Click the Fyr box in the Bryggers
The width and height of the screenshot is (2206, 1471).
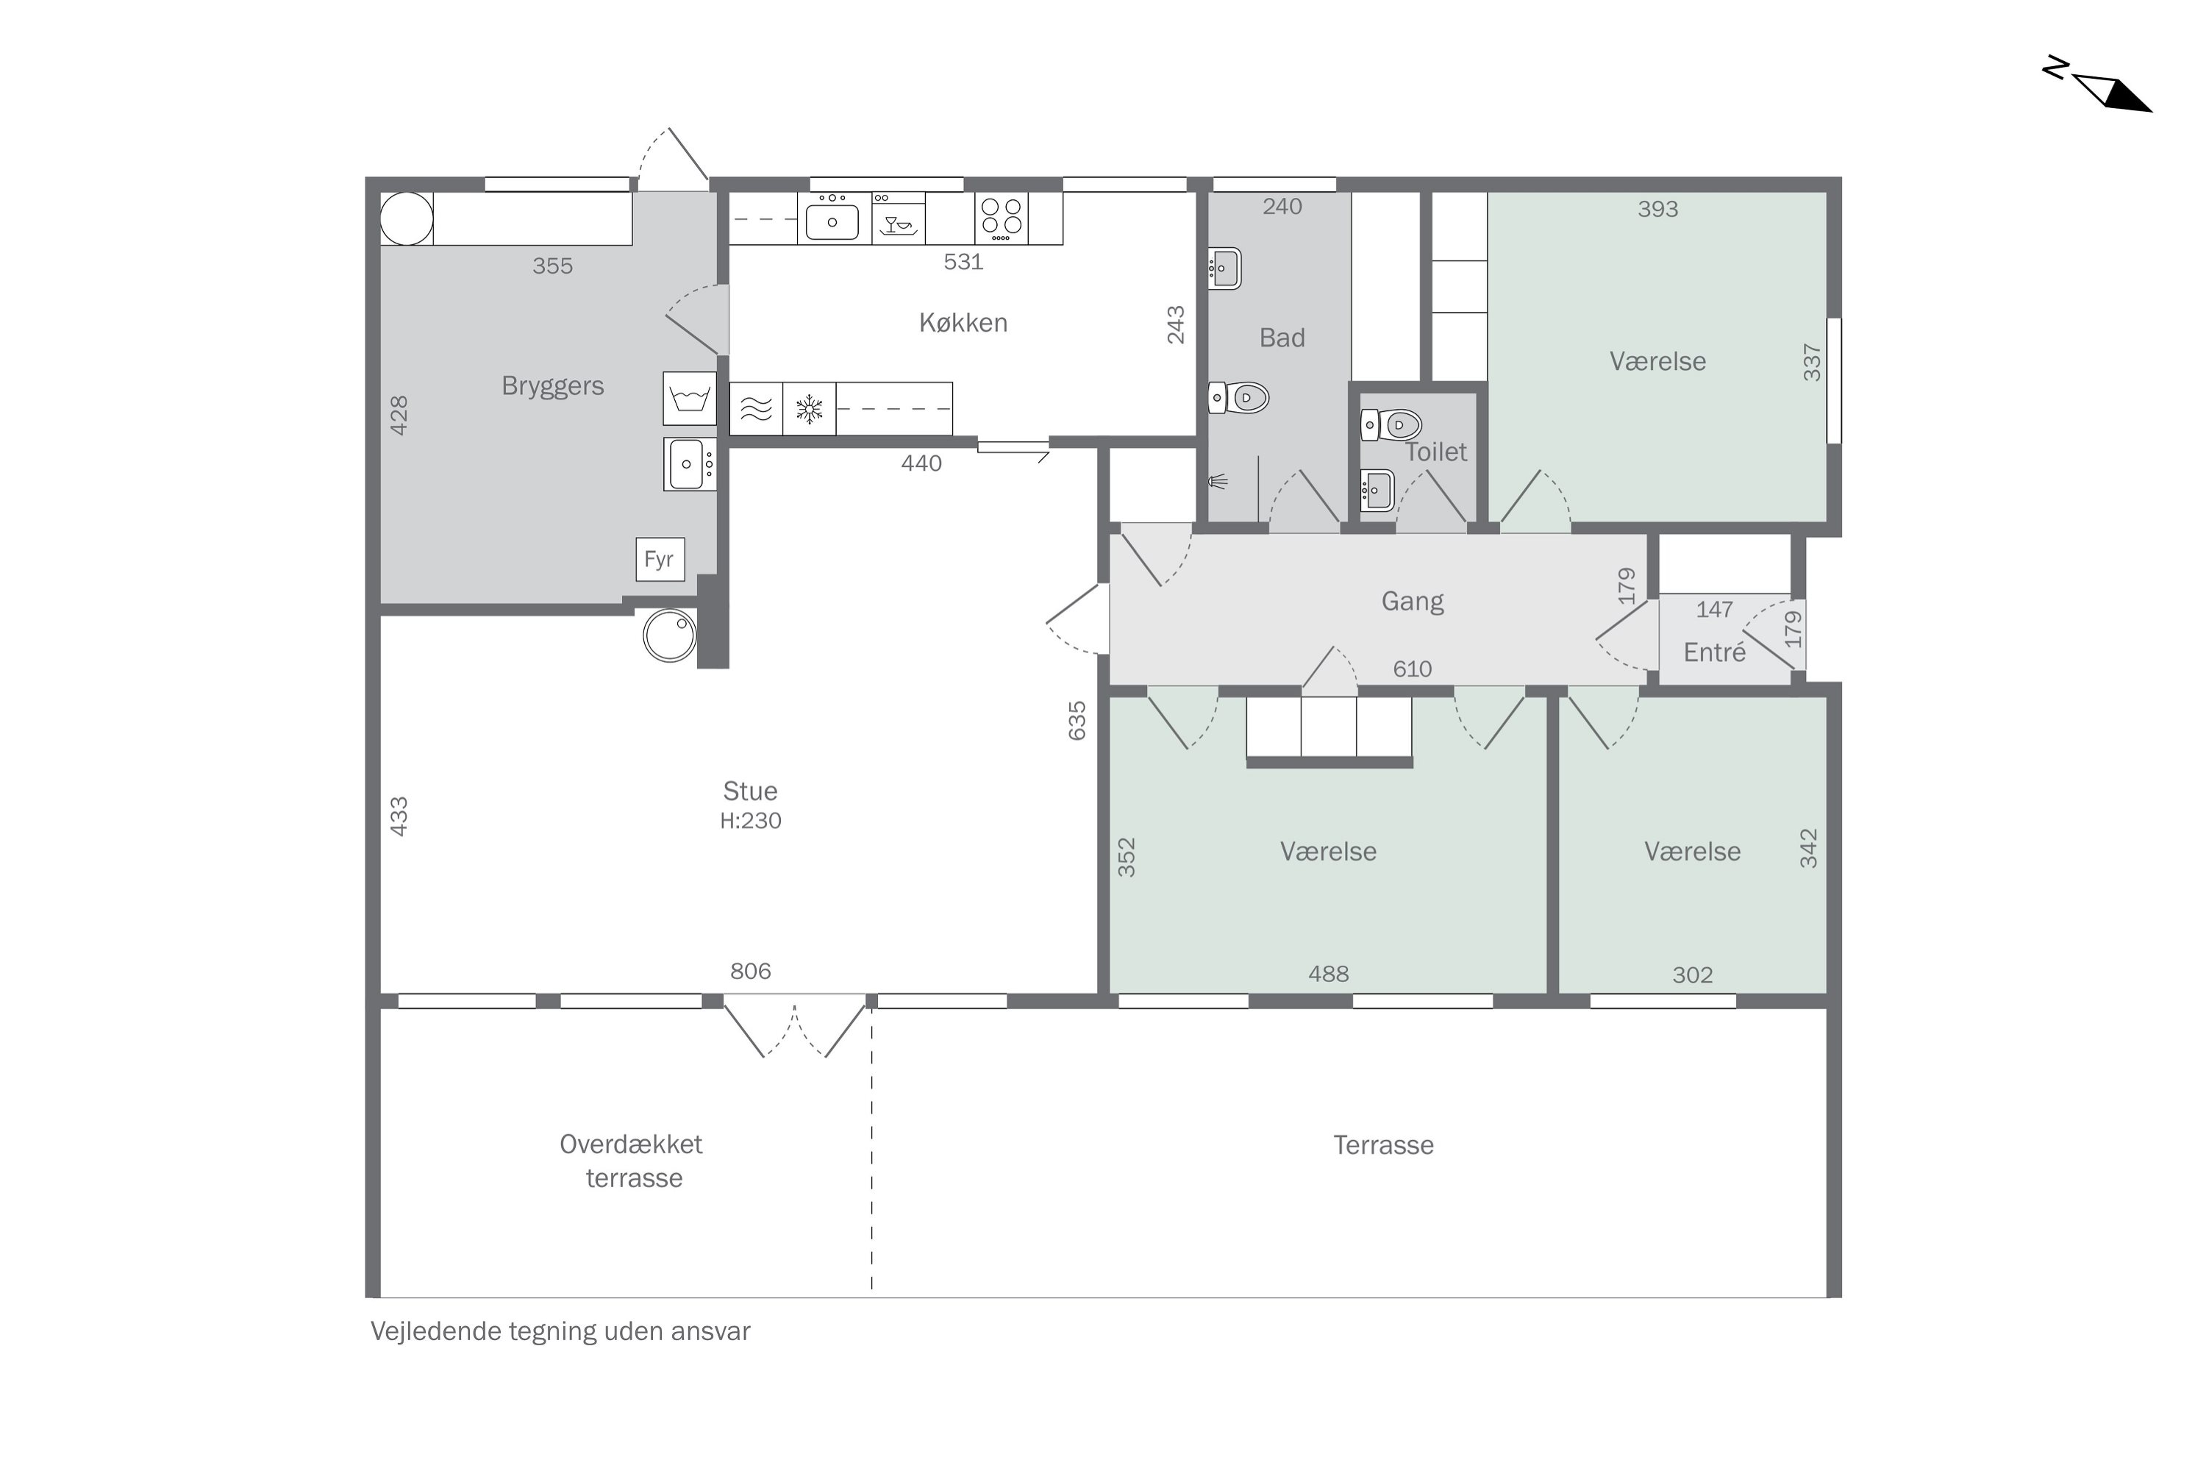[660, 559]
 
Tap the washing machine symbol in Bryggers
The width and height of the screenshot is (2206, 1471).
[690, 399]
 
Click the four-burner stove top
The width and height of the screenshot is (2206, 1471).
[1002, 218]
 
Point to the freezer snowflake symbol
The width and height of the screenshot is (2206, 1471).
[810, 409]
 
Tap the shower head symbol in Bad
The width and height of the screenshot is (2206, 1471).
[1218, 482]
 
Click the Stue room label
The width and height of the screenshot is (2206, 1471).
[750, 791]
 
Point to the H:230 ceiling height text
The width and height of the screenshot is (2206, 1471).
[750, 821]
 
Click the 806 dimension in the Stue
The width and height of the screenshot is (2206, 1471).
[750, 971]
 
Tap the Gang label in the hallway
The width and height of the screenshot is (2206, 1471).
[1413, 602]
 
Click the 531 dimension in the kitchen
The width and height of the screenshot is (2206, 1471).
[963, 262]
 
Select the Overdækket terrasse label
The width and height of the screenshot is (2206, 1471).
[632, 1161]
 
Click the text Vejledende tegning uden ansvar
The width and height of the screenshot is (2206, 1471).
[561, 1331]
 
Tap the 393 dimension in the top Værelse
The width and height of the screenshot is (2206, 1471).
[1657, 209]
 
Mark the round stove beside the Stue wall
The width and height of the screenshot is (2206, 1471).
[670, 635]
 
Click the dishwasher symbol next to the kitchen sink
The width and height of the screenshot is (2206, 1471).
[899, 218]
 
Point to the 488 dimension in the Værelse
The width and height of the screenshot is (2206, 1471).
[1328, 974]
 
